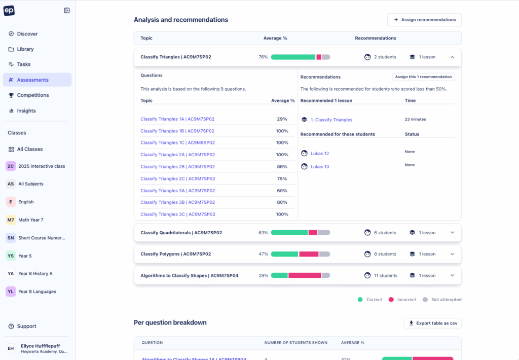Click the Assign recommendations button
coord(424,20)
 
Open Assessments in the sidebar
coord(32,80)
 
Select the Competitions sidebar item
coord(33,95)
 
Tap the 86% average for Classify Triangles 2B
coord(282,167)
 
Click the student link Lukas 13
coord(319,167)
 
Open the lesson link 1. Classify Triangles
coord(331,120)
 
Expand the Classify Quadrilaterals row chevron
coord(453,233)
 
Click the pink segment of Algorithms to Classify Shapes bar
coord(305,275)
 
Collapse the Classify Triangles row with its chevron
coord(453,57)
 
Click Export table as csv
coord(432,323)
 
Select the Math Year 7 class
coord(30,220)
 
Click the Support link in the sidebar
coord(26,326)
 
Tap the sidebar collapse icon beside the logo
coord(67,11)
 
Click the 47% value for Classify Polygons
coord(263,254)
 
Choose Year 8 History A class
coord(35,273)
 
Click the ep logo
coord(9,11)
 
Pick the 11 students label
coord(385,275)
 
